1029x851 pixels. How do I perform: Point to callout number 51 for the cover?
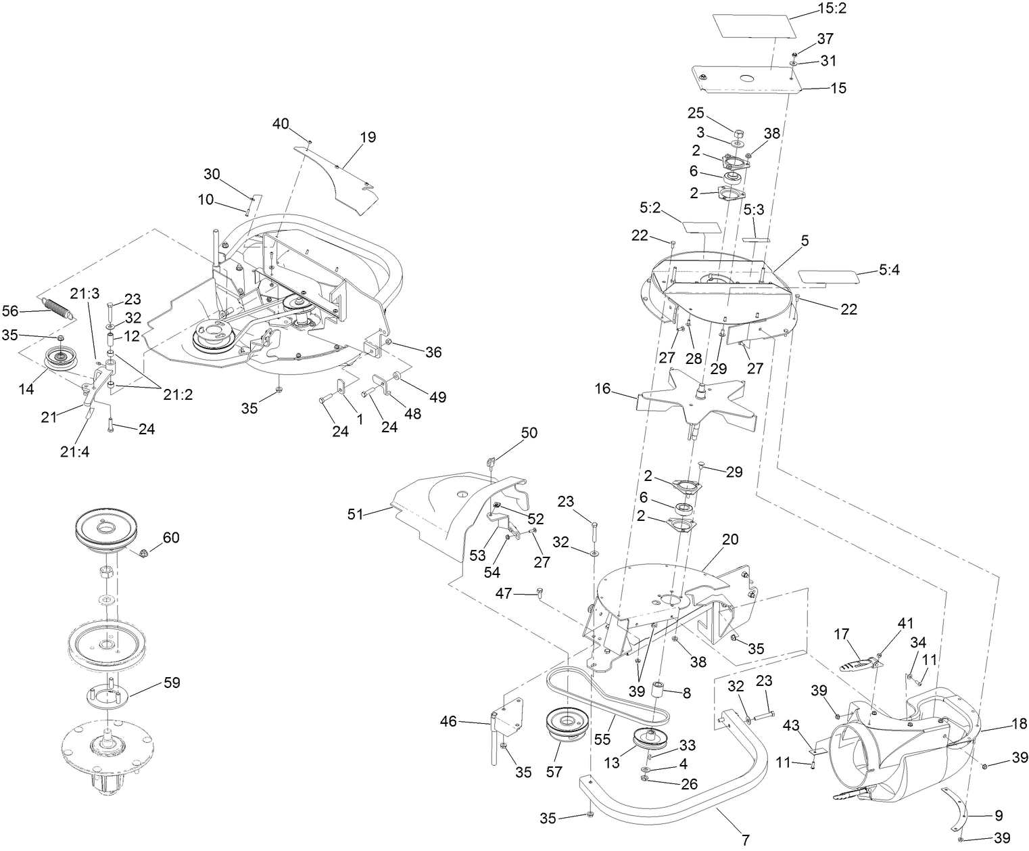pos(356,515)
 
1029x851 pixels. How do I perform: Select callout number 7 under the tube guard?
pos(746,841)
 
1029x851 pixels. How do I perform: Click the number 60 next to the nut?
pos(171,538)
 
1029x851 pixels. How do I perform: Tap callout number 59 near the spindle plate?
pos(172,683)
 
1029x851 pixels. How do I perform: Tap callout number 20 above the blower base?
pos(730,540)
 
